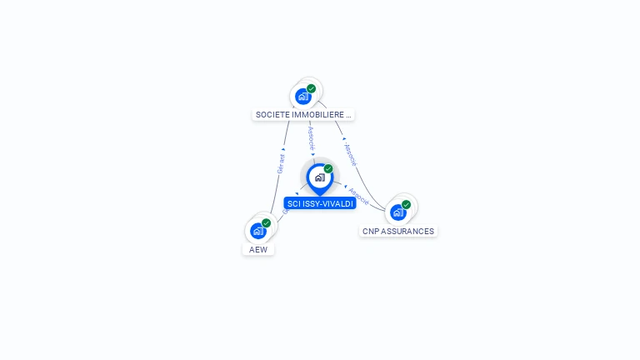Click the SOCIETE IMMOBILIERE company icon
tap(303, 96)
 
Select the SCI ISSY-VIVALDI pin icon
tap(319, 177)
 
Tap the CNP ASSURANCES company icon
tap(398, 212)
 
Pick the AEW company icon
tap(258, 230)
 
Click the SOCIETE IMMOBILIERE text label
tap(304, 114)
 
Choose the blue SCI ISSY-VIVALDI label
tap(319, 203)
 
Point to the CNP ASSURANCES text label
tap(398, 231)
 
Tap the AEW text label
tap(258, 249)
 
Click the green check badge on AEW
tap(267, 222)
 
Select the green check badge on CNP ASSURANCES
tap(407, 204)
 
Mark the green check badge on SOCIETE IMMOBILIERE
tap(312, 88)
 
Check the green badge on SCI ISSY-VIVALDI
tap(328, 168)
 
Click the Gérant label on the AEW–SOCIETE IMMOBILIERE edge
tap(282, 163)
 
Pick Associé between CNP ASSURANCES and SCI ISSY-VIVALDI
tap(359, 195)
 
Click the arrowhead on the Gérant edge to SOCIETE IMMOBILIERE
tap(284, 150)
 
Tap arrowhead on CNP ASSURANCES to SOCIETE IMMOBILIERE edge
tap(344, 139)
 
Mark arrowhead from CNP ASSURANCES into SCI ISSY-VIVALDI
tap(346, 186)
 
